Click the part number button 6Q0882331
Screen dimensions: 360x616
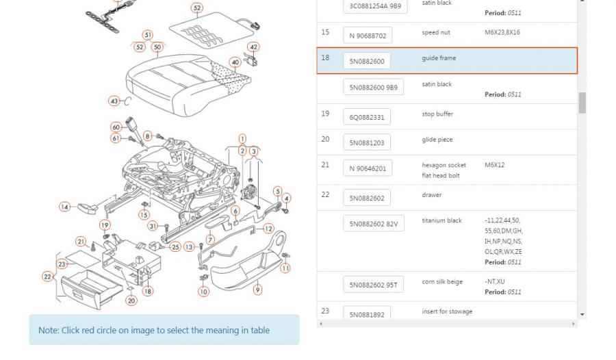click(x=367, y=117)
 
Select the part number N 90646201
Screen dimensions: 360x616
click(x=368, y=168)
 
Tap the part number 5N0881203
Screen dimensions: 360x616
click(x=367, y=142)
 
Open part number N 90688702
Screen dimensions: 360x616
click(x=368, y=36)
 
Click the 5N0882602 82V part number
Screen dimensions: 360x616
click(x=374, y=224)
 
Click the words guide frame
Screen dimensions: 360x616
click(x=439, y=58)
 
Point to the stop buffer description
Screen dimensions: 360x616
click(x=437, y=114)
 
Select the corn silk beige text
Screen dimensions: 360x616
click(x=443, y=281)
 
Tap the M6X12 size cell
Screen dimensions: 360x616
click(x=495, y=165)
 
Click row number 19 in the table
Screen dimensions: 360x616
click(x=325, y=114)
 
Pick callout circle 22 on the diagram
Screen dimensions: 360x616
click(x=48, y=277)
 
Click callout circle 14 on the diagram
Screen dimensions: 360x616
click(x=64, y=207)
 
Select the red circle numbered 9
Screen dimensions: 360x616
click(x=257, y=290)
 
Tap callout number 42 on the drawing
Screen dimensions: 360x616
click(x=254, y=47)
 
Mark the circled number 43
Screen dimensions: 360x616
click(x=114, y=101)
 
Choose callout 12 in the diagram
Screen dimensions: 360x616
click(x=268, y=229)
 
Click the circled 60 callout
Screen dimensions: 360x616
click(x=116, y=127)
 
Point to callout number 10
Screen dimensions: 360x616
click(x=203, y=292)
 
